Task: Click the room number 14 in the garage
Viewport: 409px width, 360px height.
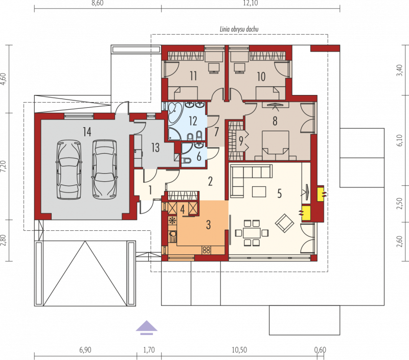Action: pos(87,132)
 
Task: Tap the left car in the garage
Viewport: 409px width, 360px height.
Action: pos(69,170)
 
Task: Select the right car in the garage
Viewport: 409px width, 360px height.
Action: pos(105,170)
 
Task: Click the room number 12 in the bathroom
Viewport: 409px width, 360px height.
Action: pos(193,121)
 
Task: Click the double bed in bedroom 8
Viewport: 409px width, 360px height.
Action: pos(276,146)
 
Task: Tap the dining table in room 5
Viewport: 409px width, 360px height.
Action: pos(252,233)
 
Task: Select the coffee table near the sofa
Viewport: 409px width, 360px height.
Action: pos(259,191)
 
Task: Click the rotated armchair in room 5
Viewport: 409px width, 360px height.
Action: pos(284,224)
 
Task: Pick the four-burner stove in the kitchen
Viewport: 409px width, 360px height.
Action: pos(207,250)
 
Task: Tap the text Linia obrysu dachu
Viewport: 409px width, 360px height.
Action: pos(239,29)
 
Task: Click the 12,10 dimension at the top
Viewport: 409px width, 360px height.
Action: pos(251,4)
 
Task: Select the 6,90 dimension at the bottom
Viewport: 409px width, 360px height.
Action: pos(85,350)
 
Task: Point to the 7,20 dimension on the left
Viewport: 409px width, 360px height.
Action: pos(3,166)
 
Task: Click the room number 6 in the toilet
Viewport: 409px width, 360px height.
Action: pos(199,157)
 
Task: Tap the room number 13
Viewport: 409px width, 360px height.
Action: pos(155,148)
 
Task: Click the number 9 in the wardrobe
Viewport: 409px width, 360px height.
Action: pos(241,140)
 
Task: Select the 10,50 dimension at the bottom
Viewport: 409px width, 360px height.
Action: pos(239,350)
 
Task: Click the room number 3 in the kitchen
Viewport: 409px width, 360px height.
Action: pos(208,225)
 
